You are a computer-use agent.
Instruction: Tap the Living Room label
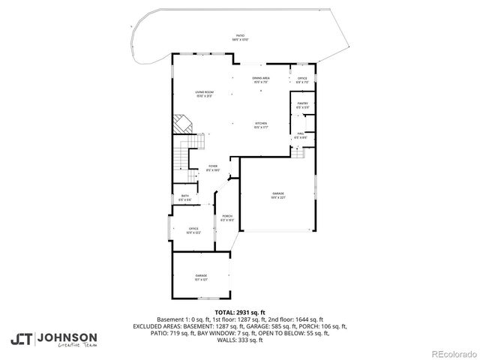pyautogui.click(x=205, y=93)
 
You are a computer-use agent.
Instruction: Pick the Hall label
pyautogui.click(x=300, y=136)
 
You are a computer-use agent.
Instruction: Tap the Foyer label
pyautogui.click(x=212, y=168)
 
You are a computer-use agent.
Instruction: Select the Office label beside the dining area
pyautogui.click(x=302, y=79)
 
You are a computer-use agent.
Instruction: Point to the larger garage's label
pyautogui.click(x=278, y=196)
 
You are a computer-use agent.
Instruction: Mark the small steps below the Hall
pyautogui.click(x=298, y=151)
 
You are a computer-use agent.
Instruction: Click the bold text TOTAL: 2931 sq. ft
pyautogui.click(x=240, y=312)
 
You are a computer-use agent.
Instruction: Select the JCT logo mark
pyautogui.click(x=22, y=339)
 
